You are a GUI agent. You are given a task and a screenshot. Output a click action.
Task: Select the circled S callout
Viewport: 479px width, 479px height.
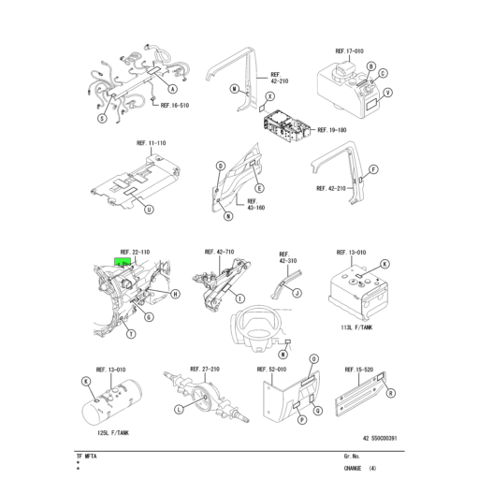point(101,118)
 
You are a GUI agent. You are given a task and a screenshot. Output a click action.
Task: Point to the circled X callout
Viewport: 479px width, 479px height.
point(269,96)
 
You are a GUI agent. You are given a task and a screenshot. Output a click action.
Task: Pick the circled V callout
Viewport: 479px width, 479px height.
point(387,93)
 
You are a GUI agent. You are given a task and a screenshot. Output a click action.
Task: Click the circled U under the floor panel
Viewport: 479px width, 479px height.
point(148,210)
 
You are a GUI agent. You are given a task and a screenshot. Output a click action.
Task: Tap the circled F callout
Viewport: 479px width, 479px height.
point(373,169)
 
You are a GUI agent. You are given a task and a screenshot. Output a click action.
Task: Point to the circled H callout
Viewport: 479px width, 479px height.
point(175,295)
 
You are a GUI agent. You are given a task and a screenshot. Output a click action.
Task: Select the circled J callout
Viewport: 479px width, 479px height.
point(297,294)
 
